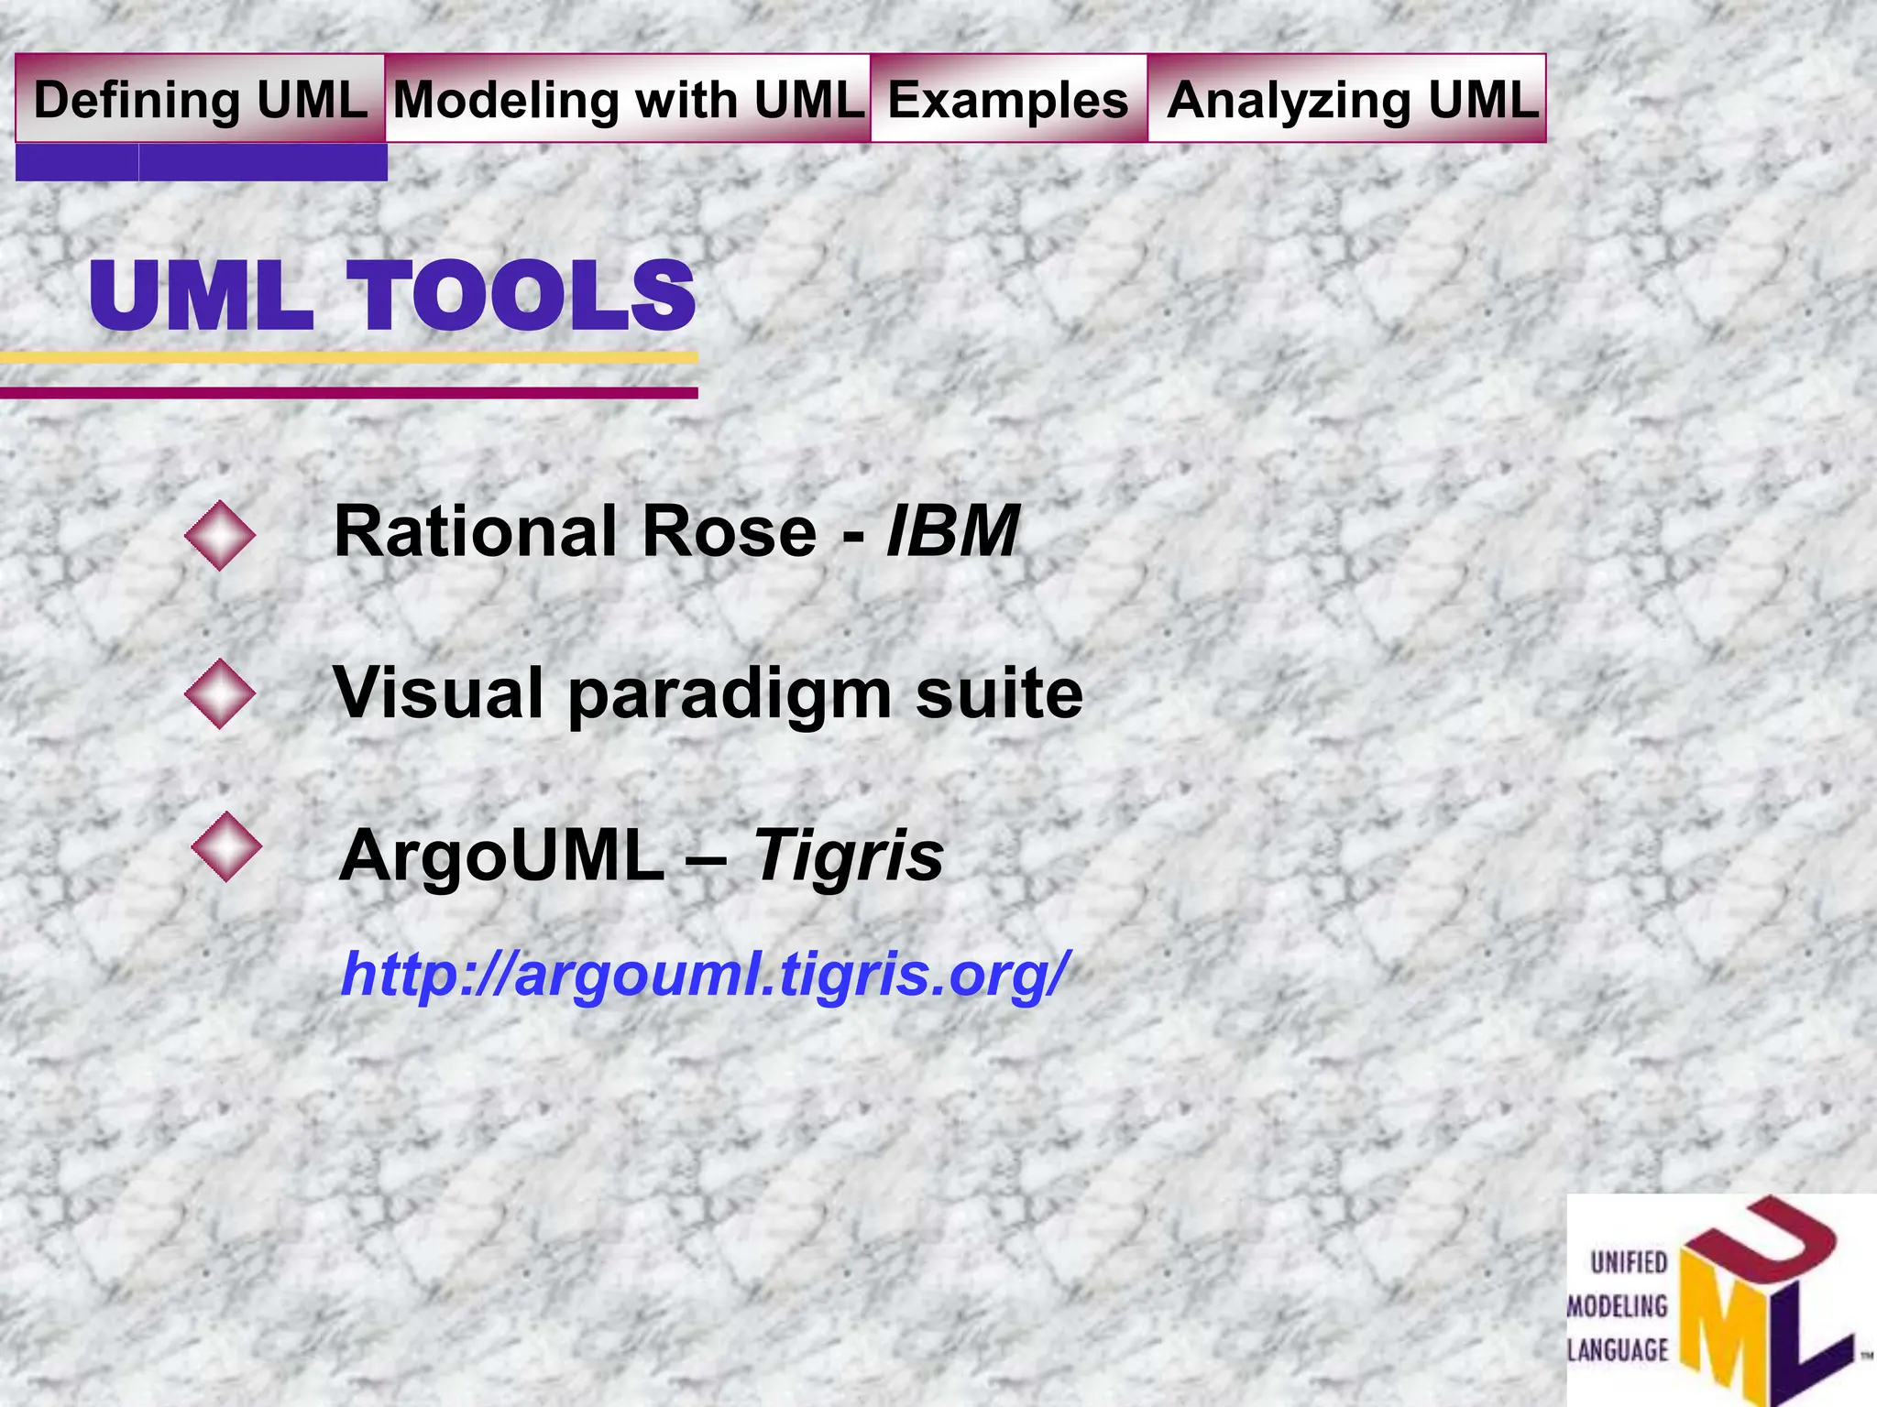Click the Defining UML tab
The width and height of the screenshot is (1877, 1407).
click(x=200, y=99)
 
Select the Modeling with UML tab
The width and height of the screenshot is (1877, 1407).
click(x=629, y=99)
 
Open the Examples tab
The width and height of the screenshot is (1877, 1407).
click(x=1008, y=99)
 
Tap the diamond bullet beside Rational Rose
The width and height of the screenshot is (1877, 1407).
click(x=220, y=536)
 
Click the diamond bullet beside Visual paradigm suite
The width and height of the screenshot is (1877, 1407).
click(x=220, y=693)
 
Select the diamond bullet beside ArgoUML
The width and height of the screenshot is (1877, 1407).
click(x=226, y=847)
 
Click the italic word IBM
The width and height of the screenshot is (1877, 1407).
click(x=953, y=531)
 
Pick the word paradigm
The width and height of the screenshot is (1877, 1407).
click(x=730, y=694)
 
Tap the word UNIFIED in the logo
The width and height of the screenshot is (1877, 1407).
click(x=1629, y=1263)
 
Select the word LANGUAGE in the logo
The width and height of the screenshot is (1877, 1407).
click(x=1618, y=1349)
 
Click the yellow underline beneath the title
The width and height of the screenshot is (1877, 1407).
click(x=348, y=357)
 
